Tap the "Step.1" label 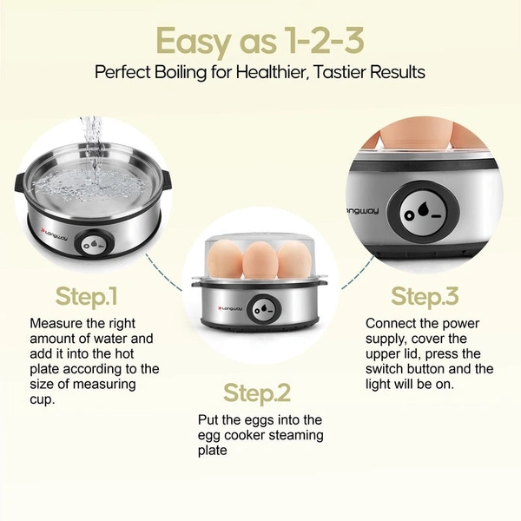[x=87, y=296]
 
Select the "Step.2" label [x=258, y=393]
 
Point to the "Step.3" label [x=425, y=296]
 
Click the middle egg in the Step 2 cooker [x=259, y=259]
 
